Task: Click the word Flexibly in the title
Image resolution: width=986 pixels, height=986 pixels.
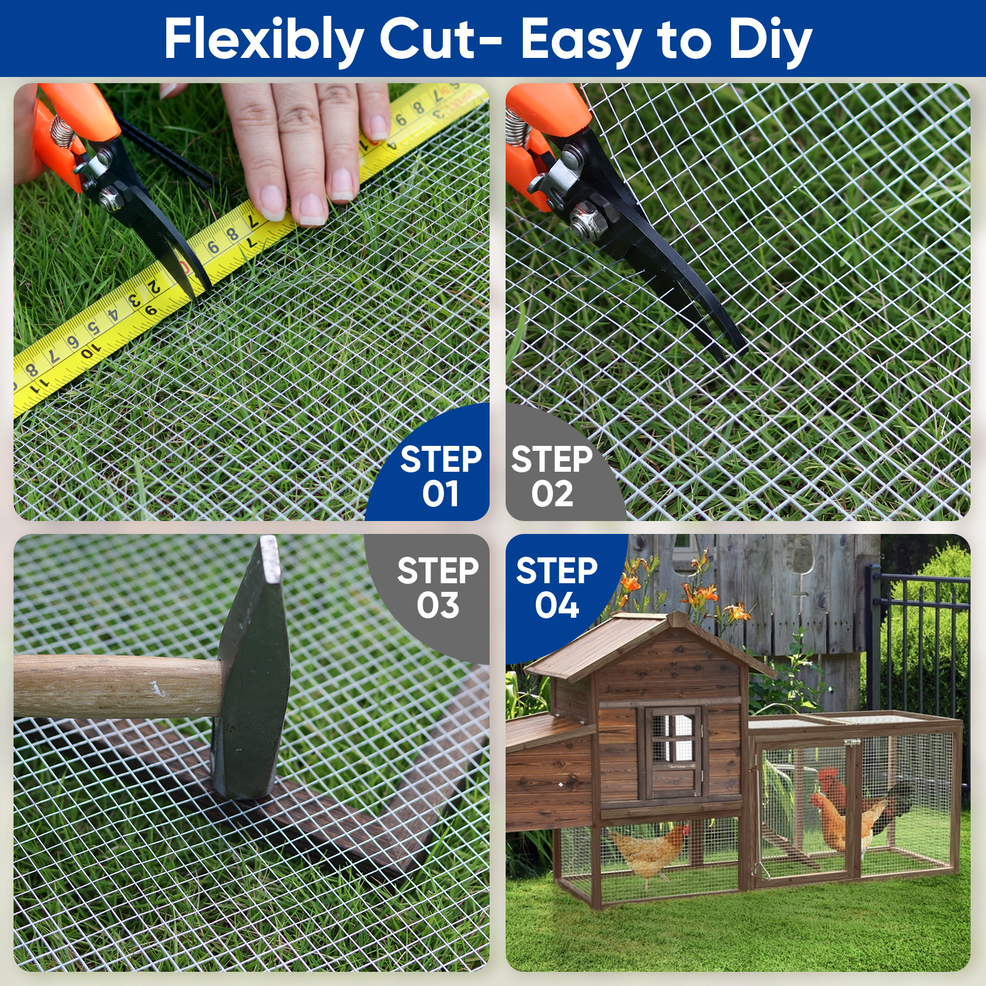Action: (x=264, y=40)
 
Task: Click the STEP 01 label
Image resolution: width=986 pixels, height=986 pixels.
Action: (x=440, y=477)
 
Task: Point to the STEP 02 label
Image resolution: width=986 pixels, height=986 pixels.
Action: (x=552, y=477)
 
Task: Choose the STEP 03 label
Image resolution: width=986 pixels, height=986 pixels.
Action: (x=438, y=588)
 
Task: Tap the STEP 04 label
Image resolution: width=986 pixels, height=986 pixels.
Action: (x=557, y=588)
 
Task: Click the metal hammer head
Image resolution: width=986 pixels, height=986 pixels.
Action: (x=249, y=668)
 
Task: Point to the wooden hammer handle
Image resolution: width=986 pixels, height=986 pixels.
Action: (x=117, y=686)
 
